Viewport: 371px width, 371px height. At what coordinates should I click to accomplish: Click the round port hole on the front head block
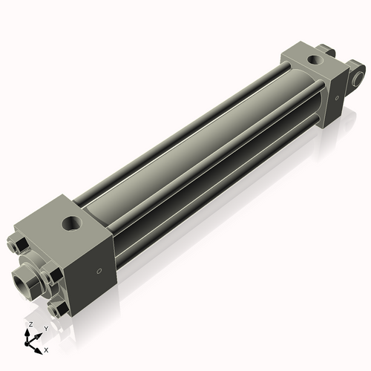pyautogui.click(x=73, y=221)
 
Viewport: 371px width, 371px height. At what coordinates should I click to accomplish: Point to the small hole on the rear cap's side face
pyautogui.click(x=337, y=95)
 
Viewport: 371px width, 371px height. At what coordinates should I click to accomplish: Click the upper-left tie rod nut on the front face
pyautogui.click(x=19, y=244)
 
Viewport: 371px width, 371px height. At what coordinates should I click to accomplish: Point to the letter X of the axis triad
pyautogui.click(x=46, y=349)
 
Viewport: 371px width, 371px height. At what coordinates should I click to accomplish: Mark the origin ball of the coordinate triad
pyautogui.click(x=30, y=341)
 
